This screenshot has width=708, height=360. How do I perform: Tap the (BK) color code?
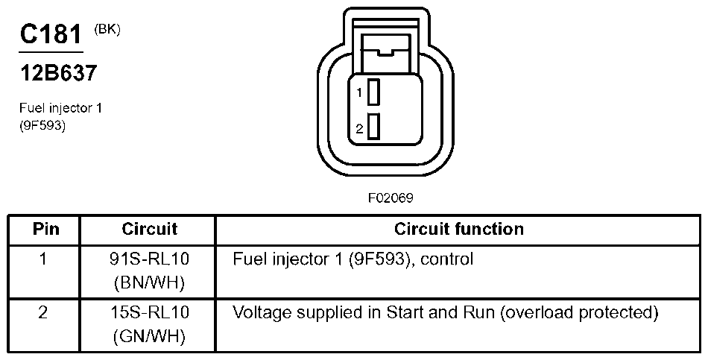pos(107,30)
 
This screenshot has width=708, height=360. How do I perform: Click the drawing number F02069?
pos(390,199)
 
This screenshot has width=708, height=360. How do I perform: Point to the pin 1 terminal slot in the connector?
pos(374,92)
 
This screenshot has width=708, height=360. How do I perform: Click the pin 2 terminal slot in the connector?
pos(374,127)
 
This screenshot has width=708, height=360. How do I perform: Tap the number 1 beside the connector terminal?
pos(359,93)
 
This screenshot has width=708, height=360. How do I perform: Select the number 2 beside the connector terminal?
pos(359,129)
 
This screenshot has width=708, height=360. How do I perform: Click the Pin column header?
pos(46,229)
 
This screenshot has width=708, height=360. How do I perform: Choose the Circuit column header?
pos(149,229)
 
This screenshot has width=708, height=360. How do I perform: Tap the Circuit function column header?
pos(458,229)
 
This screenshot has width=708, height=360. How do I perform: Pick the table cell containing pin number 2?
pos(43,312)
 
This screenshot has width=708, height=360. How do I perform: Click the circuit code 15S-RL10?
pos(149,312)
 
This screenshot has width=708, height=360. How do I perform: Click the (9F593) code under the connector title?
pos(42,126)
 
